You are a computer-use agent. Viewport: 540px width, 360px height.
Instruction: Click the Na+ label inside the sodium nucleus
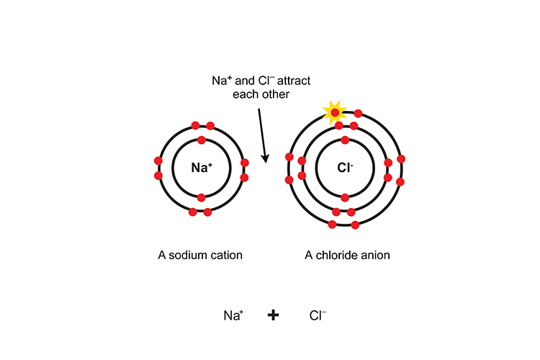pyautogui.click(x=202, y=168)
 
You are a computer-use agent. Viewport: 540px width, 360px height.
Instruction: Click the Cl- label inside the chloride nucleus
pyautogui.click(x=345, y=168)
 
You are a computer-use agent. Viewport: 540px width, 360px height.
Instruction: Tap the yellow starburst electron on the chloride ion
pyautogui.click(x=335, y=112)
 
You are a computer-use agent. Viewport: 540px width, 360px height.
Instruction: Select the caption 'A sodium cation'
pyautogui.click(x=200, y=255)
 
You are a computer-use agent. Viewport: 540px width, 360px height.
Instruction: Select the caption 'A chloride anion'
pyautogui.click(x=347, y=255)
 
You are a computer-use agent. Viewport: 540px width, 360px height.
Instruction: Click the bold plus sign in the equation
pyautogui.click(x=273, y=315)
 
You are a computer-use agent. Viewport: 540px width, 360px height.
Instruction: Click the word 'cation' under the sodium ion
pyautogui.click(x=227, y=255)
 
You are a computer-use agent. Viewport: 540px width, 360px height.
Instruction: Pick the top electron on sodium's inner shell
pyautogui.click(x=202, y=140)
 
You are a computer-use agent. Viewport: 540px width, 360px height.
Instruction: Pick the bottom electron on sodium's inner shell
pyautogui.click(x=202, y=197)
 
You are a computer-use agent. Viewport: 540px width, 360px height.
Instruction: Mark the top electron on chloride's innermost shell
pyautogui.click(x=345, y=140)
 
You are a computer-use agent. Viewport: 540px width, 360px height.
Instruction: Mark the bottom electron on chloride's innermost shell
pyautogui.click(x=345, y=197)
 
